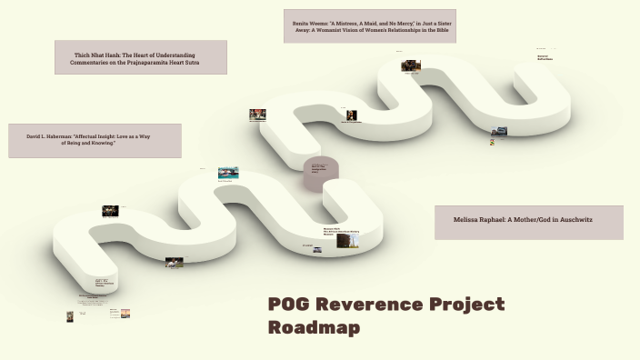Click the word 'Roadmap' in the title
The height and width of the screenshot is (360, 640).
314,327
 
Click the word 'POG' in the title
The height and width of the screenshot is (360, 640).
291,305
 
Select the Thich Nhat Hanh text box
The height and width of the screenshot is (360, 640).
141,57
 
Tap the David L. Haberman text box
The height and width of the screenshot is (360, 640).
95,140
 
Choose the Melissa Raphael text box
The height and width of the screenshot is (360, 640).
528,222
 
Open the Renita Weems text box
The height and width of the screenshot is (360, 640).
369,26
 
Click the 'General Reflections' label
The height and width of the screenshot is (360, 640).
544,57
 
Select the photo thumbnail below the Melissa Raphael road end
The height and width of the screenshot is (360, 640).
498,132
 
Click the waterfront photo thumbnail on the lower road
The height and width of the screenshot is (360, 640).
228,172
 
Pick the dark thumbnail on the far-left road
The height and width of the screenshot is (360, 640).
110,210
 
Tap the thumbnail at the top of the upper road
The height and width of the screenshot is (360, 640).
411,65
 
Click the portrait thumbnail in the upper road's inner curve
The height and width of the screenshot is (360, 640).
351,115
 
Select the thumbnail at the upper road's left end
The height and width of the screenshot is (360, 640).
257,115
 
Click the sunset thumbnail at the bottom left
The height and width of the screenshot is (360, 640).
125,313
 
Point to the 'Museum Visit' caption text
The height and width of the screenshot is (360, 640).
330,228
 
